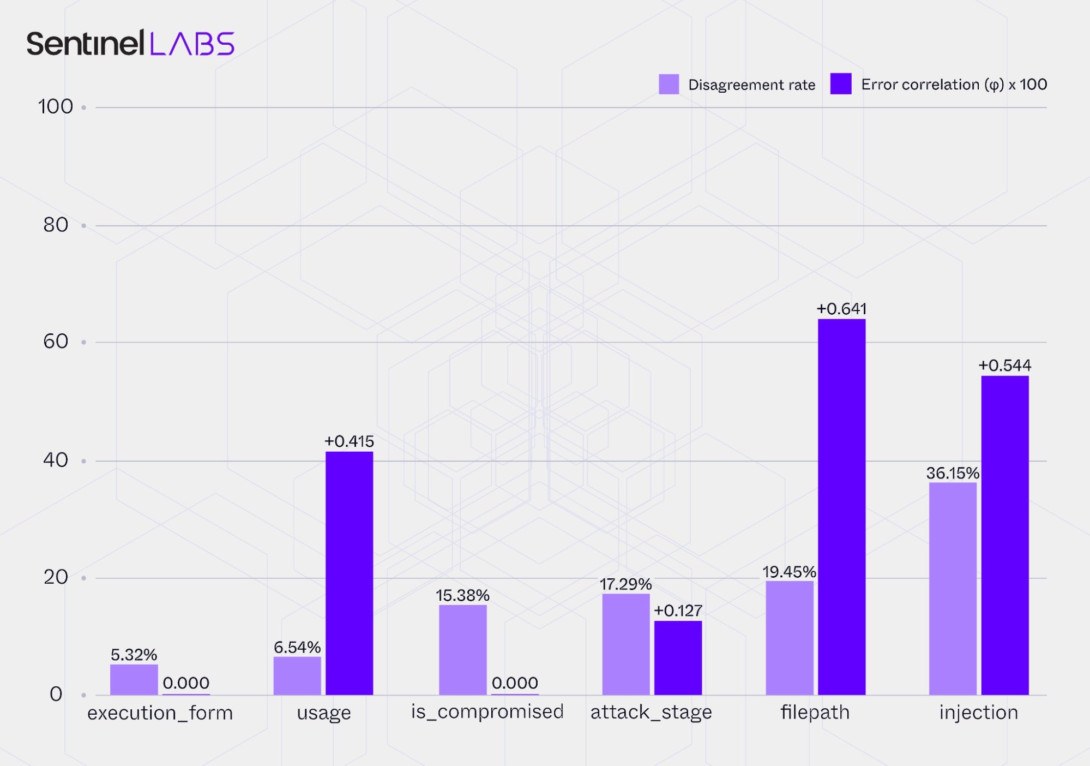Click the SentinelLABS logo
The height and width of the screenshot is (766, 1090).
click(x=130, y=44)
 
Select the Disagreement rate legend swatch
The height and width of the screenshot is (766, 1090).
click(x=669, y=85)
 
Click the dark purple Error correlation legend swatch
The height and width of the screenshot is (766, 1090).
click(x=840, y=84)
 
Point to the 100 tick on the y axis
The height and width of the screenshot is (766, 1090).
click(x=55, y=106)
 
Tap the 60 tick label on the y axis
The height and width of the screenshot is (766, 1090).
click(x=55, y=342)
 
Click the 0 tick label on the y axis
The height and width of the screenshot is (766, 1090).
click(x=56, y=694)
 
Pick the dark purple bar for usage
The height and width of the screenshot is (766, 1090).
click(x=349, y=573)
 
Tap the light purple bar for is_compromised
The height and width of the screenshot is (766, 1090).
click(x=462, y=649)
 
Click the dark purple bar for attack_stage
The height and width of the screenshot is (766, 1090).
click(x=678, y=657)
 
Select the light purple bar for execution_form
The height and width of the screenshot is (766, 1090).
click(x=134, y=679)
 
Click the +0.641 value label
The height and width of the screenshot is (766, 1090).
click(x=841, y=309)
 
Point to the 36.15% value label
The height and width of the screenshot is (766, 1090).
click(x=953, y=473)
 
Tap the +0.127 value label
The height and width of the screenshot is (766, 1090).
click(x=678, y=611)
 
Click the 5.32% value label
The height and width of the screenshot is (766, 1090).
click(x=134, y=655)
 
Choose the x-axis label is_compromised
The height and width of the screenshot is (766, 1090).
click(x=487, y=711)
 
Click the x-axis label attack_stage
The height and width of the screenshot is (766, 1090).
click(x=651, y=712)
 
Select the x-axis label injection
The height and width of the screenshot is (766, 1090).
click(x=978, y=712)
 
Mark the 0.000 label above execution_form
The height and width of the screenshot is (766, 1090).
click(x=186, y=683)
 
